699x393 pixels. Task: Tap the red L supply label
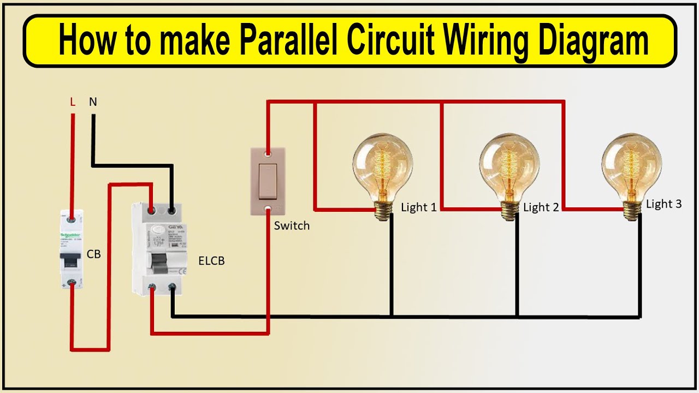[73, 102]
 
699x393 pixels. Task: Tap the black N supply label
[93, 102]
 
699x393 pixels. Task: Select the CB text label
[94, 254]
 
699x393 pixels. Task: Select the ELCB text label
[211, 261]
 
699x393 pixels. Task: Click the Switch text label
[292, 225]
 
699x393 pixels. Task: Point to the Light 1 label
[419, 207]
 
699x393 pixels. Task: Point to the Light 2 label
[541, 207]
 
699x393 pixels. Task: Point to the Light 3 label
[664, 204]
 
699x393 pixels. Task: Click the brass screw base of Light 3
[632, 209]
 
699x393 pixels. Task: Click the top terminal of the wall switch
[268, 154]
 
